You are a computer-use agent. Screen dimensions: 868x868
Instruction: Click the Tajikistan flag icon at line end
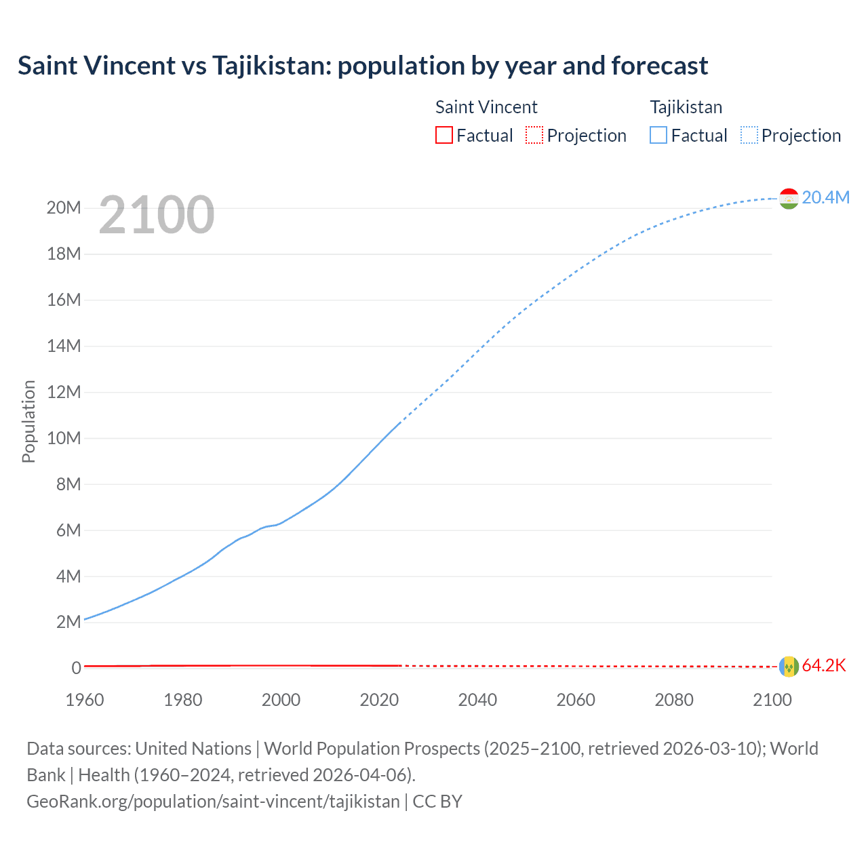click(x=789, y=198)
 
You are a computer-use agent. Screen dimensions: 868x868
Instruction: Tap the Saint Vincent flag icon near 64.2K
click(x=789, y=667)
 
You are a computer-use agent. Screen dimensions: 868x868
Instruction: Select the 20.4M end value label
click(x=825, y=197)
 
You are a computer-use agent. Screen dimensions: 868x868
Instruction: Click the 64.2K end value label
click(x=824, y=665)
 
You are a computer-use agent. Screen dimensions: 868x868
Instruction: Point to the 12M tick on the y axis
click(x=64, y=392)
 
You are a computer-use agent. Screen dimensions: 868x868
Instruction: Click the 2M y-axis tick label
click(x=68, y=623)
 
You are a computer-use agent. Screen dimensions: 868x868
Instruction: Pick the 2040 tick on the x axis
click(x=477, y=700)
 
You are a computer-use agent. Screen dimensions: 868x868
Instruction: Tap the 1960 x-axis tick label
click(x=85, y=700)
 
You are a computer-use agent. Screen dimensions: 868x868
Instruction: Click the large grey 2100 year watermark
click(x=157, y=215)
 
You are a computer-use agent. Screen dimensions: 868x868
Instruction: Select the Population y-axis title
click(x=28, y=421)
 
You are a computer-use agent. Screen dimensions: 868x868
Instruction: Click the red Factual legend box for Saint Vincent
click(x=443, y=135)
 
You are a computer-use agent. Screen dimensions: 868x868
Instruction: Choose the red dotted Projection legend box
click(x=534, y=135)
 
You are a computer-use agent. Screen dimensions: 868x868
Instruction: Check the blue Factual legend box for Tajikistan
click(x=658, y=135)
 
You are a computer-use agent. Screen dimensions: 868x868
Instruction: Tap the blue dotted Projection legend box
click(x=749, y=135)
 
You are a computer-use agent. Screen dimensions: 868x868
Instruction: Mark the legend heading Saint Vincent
click(x=486, y=107)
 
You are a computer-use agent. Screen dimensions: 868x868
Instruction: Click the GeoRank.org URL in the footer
click(x=213, y=801)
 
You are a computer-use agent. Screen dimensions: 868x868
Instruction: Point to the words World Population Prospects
click(x=372, y=749)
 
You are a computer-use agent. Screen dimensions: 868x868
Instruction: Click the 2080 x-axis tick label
click(x=674, y=700)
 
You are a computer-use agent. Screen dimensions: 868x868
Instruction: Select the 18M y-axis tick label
click(x=64, y=254)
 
